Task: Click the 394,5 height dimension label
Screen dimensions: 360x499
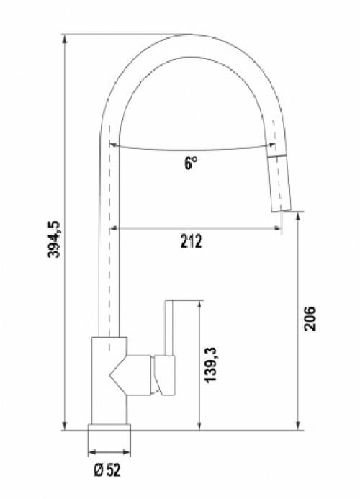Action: pyautogui.click(x=53, y=238)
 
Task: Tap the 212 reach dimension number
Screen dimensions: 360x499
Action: pyautogui.click(x=191, y=241)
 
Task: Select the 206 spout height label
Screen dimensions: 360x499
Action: pyautogui.click(x=310, y=318)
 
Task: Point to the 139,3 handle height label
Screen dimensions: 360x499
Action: pyautogui.click(x=210, y=364)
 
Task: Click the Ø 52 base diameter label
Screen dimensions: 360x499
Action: pyautogui.click(x=107, y=469)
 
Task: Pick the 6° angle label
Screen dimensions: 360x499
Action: pyautogui.click(x=190, y=163)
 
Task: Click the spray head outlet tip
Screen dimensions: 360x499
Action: pyautogui.click(x=281, y=211)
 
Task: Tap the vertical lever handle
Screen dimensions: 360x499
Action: pyautogui.click(x=169, y=328)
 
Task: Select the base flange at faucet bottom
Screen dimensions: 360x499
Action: pyautogui.click(x=109, y=428)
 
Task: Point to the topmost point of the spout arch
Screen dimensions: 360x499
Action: pyautogui.click(x=190, y=34)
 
